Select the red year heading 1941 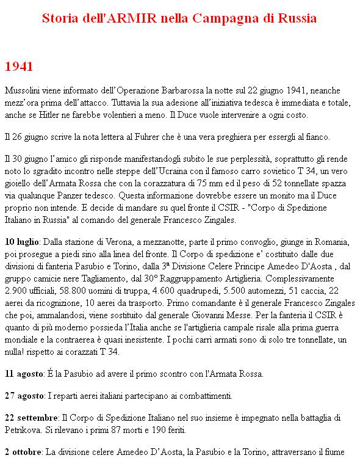[18, 67]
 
